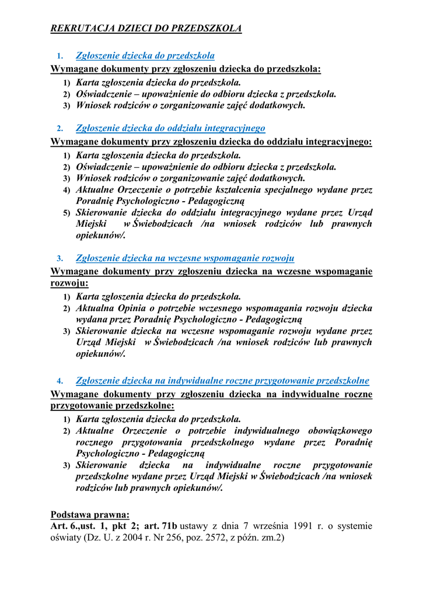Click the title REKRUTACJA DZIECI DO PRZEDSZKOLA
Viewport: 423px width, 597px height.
(146, 28)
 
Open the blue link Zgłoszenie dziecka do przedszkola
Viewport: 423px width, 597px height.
(145, 56)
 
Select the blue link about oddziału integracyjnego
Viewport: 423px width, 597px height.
(170, 128)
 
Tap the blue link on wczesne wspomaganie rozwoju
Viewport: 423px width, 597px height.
(185, 258)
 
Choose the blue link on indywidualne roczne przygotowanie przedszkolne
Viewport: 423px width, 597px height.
(222, 381)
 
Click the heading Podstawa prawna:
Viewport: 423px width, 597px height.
(90, 515)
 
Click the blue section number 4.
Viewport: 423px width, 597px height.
(60, 382)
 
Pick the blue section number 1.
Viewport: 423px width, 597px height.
(60, 57)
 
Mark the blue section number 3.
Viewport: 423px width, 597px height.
(60, 259)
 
